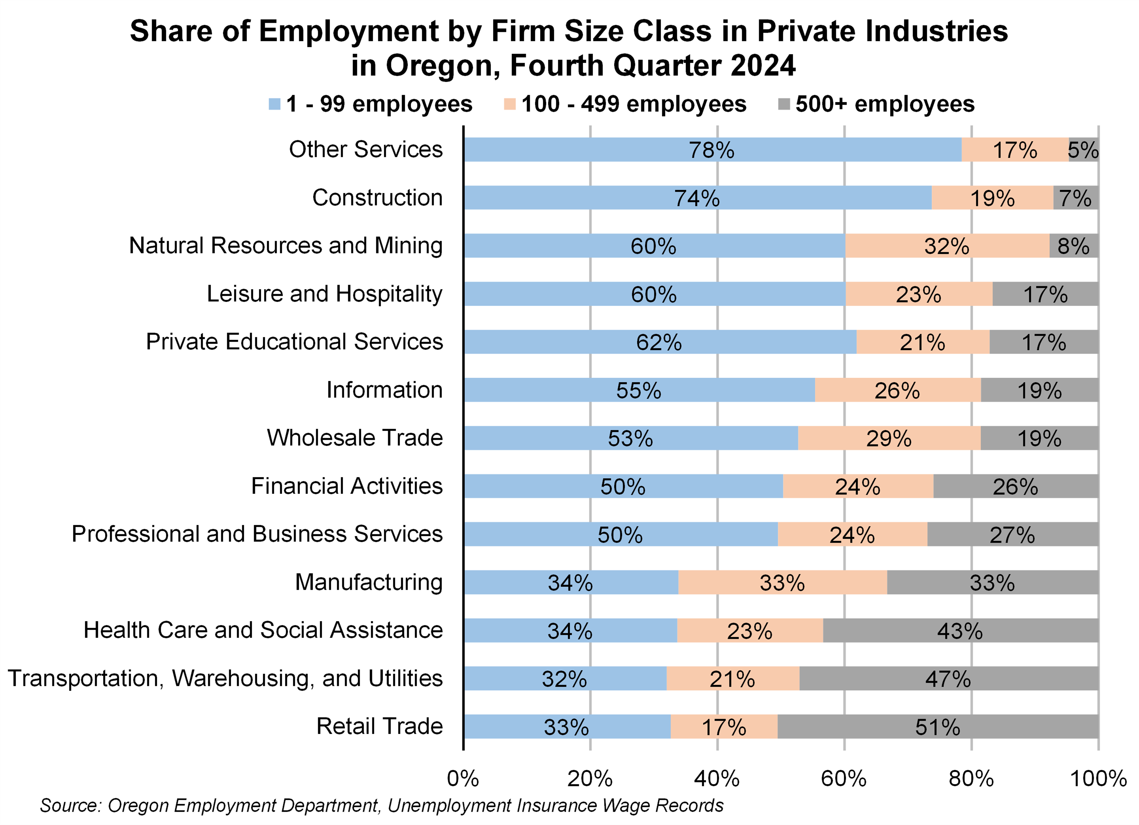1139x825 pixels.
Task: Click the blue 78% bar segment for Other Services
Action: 712,150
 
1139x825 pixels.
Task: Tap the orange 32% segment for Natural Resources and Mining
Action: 947,246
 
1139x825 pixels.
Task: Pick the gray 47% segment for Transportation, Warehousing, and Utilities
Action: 948,679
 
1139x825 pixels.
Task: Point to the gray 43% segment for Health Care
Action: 960,631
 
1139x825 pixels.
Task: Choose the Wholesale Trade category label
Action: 354,438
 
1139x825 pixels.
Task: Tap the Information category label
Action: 384,390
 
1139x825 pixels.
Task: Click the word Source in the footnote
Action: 70,805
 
